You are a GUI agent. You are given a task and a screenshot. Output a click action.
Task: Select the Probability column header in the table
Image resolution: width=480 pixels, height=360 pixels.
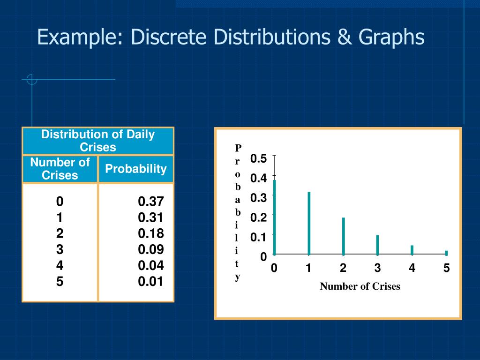135,169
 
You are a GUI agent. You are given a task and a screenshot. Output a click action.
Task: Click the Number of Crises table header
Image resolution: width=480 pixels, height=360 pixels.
60,169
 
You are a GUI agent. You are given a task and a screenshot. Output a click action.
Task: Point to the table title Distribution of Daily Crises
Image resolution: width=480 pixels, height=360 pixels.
98,141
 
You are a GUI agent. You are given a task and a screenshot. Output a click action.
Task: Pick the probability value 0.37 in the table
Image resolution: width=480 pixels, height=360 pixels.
150,202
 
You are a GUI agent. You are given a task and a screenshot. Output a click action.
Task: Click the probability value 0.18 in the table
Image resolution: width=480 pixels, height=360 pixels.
150,233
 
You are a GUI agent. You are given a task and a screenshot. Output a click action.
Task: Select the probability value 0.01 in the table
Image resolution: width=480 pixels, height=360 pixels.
150,282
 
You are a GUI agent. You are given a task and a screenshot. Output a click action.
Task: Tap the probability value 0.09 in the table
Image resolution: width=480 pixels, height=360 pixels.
150,249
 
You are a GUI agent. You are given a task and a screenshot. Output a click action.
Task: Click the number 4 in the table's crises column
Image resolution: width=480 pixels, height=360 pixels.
60,265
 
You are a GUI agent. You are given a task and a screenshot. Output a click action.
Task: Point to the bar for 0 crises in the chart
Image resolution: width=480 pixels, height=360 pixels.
275,217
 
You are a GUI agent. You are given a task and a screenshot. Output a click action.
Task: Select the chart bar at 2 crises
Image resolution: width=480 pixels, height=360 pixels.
344,236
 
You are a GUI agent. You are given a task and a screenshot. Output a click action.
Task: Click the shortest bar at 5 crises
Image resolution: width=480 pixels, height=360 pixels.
446,253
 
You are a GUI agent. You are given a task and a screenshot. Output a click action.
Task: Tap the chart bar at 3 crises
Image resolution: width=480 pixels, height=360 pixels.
377,245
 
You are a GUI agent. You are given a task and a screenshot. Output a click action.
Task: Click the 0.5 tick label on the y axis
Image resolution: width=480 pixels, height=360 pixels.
258,158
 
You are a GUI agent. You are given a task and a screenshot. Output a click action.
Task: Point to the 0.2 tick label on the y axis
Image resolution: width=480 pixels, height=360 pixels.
258,217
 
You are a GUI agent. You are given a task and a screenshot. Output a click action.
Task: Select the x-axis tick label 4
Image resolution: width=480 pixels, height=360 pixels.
412,269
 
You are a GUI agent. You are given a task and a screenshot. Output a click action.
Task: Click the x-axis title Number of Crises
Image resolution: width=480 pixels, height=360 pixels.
360,286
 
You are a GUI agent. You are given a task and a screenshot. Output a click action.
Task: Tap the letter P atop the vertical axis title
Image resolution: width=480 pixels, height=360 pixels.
238,148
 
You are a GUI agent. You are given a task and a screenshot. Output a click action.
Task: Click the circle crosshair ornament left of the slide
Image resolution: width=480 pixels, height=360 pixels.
32,80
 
